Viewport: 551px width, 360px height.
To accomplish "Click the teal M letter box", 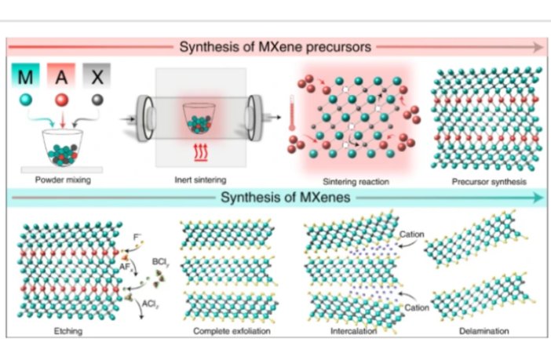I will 27,76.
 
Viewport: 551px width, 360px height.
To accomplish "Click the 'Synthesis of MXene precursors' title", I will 274,46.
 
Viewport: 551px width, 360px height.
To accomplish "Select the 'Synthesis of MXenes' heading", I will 275,197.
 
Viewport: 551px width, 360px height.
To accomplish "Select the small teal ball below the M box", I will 27,100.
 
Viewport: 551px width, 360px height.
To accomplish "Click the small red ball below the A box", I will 61,100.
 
